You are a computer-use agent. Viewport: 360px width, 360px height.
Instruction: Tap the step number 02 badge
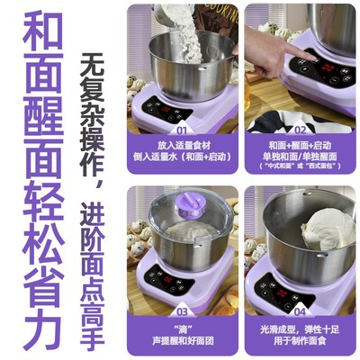point(301,130)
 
